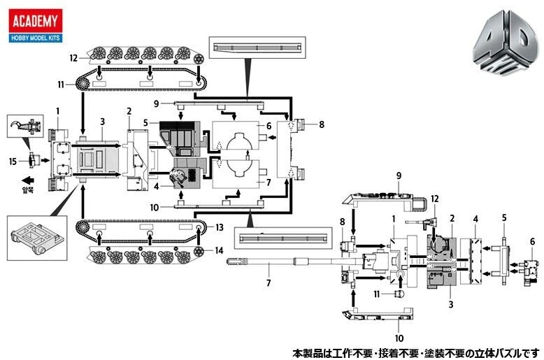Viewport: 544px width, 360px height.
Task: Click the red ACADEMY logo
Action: pos(36,21)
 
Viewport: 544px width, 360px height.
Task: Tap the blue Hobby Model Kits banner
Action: pos(36,38)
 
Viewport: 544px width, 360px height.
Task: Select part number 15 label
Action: pos(13,161)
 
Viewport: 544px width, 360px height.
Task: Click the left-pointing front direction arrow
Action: pos(28,180)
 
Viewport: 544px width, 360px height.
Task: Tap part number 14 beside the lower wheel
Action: pos(219,250)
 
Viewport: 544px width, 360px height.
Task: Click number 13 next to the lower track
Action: pos(220,227)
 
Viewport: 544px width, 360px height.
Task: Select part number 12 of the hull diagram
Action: pos(73,58)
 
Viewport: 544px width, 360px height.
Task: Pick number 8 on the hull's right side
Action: pos(322,124)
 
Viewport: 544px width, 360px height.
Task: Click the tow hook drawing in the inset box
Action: pos(26,126)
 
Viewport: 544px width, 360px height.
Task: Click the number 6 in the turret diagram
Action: pos(533,241)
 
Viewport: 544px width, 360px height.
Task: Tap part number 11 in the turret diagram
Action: pos(377,294)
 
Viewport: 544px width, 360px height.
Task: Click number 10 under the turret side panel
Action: pos(399,338)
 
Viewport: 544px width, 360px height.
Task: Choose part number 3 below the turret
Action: pos(451,305)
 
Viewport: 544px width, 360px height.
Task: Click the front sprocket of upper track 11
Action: pos(83,84)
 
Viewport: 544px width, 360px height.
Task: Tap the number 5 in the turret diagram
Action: pos(504,218)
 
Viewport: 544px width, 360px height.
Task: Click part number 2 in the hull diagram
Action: pos(129,111)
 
